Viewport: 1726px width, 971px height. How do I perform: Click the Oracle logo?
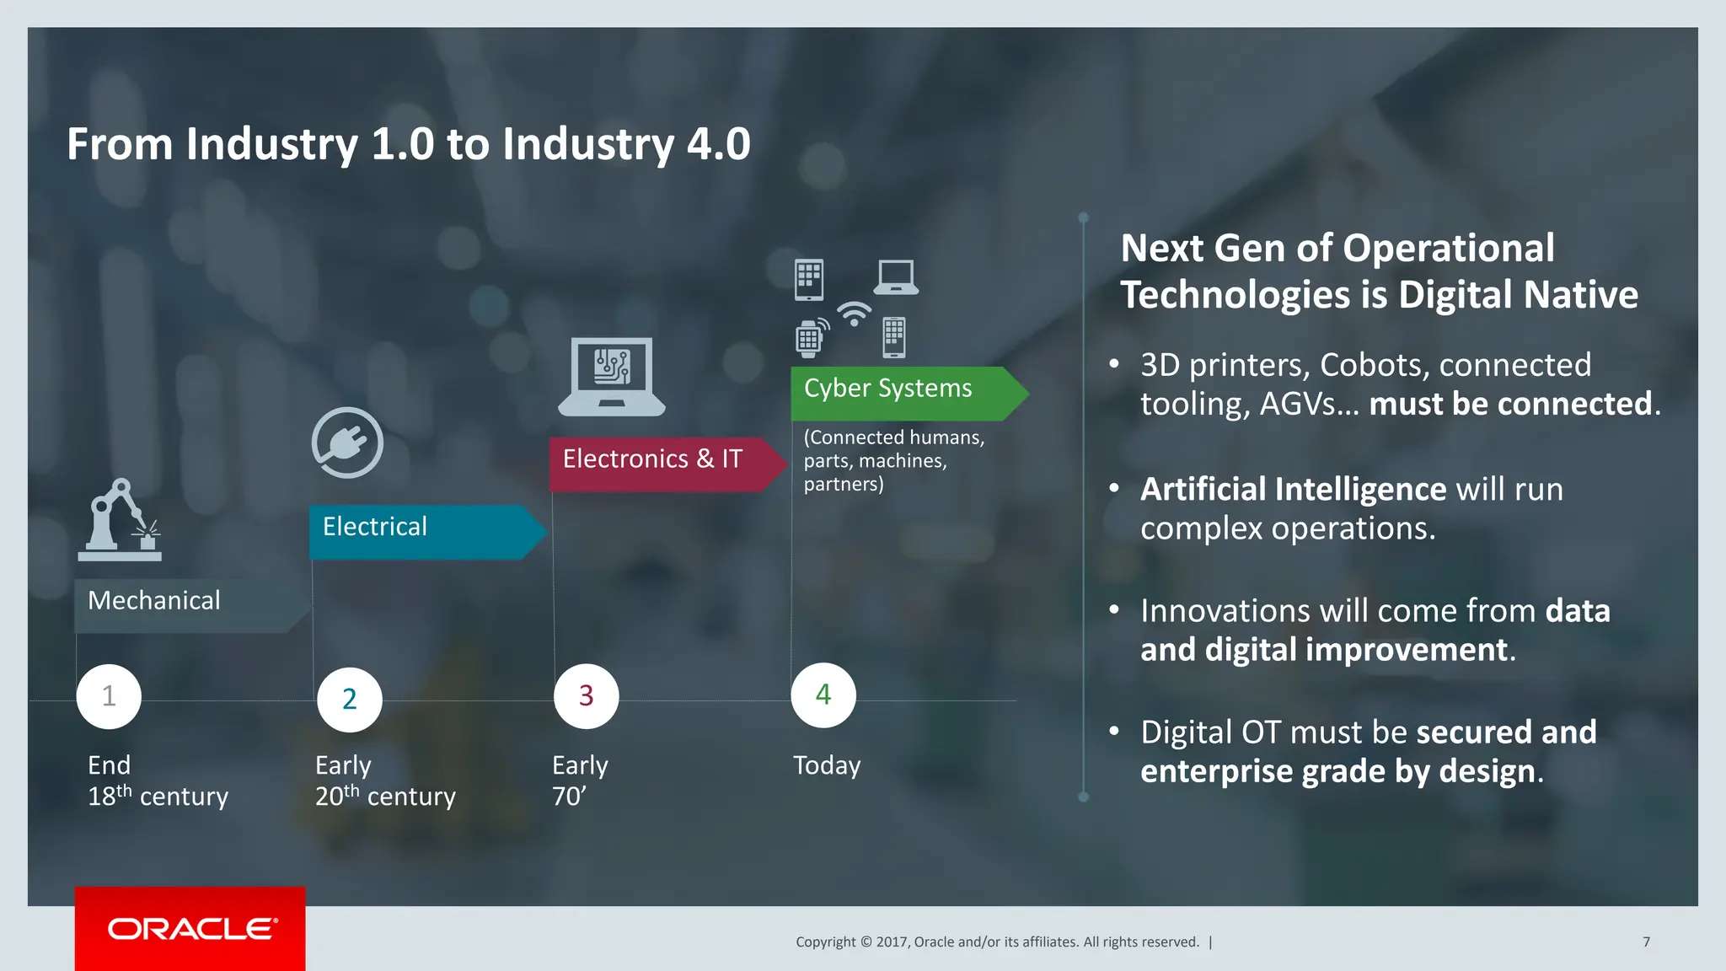pos(191,928)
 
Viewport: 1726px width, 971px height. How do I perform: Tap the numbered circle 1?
pos(109,696)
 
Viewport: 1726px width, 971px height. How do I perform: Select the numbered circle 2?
pos(350,699)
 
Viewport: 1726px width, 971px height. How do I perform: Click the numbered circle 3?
pos(587,695)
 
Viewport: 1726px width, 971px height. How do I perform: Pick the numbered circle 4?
pos(823,695)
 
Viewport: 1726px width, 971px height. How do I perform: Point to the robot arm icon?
pos(120,520)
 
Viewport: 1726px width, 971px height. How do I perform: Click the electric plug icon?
pos(347,443)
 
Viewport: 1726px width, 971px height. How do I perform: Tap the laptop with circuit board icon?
pos(612,376)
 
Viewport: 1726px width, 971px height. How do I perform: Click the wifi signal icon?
pos(854,314)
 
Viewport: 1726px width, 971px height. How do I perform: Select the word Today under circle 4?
pos(827,765)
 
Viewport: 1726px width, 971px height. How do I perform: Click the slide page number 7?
pos(1646,941)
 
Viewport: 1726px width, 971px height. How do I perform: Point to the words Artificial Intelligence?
pos(1293,490)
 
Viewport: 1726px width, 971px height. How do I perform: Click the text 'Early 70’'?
pos(579,781)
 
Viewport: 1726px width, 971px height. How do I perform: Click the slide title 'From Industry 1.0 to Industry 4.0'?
pos(409,144)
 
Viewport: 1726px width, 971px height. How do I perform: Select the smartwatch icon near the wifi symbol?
pos(810,339)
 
